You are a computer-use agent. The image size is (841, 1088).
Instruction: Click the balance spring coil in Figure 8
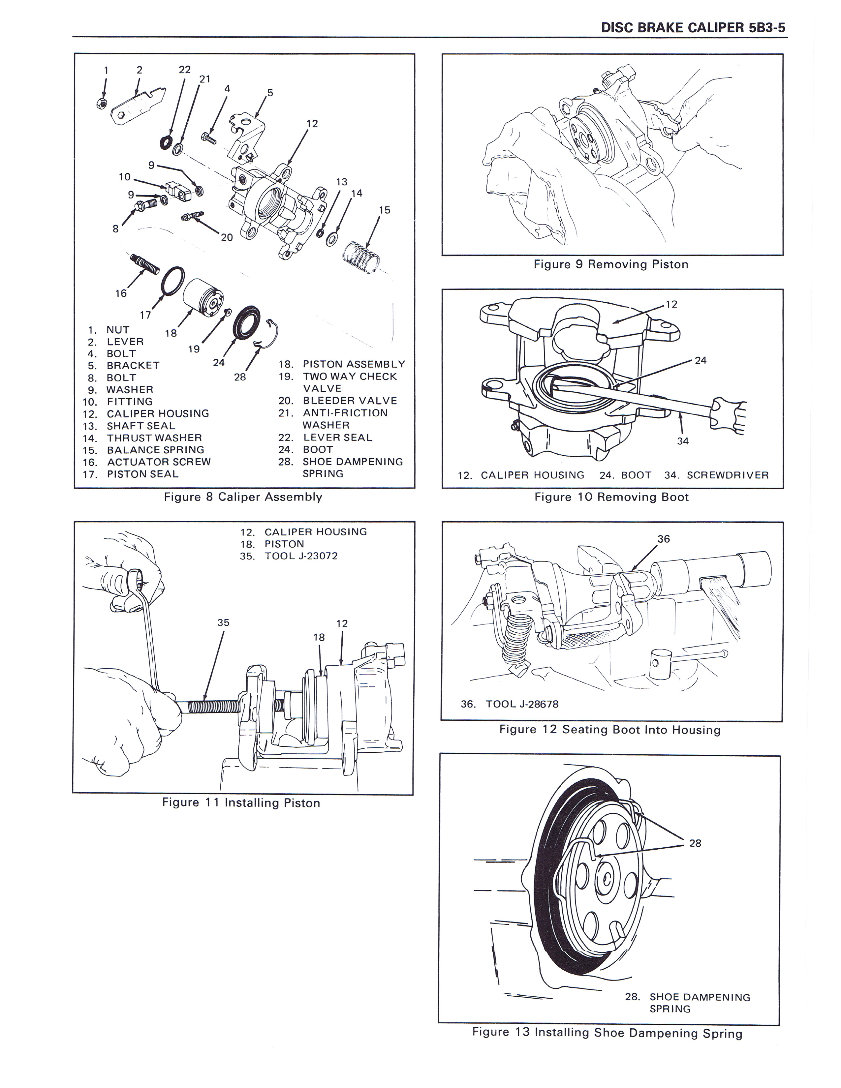pos(362,257)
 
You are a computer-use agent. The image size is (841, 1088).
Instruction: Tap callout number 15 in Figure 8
pos(384,210)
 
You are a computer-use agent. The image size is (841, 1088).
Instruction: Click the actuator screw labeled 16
pos(145,263)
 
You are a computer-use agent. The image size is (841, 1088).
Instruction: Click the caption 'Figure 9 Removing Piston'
pos(611,264)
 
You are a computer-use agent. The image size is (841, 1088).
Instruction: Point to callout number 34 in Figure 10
pos(683,441)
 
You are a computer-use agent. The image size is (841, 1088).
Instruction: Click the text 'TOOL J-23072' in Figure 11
pos(301,556)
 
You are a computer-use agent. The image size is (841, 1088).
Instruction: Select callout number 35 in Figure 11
pos(223,623)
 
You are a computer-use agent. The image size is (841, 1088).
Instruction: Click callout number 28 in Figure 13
pos(695,843)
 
